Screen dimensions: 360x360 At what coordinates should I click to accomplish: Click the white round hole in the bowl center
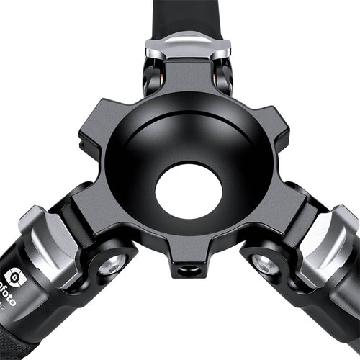click(189, 191)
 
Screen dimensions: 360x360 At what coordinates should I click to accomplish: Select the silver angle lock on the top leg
click(188, 46)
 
